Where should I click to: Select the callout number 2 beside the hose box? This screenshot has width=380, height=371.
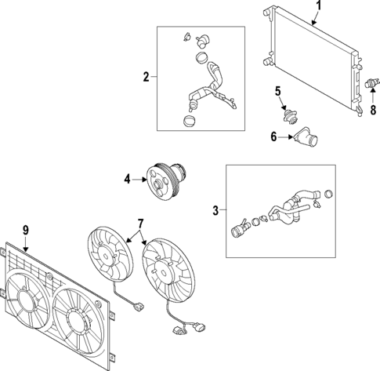point(145,76)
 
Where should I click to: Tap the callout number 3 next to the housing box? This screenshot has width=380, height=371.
point(215,209)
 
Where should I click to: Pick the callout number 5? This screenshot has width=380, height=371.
point(277,93)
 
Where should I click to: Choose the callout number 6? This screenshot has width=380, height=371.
point(273,136)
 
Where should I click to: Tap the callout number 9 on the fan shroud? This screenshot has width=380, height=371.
point(26,230)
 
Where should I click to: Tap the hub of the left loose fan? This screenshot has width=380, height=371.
point(105,256)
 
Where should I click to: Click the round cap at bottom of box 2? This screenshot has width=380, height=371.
point(188,122)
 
